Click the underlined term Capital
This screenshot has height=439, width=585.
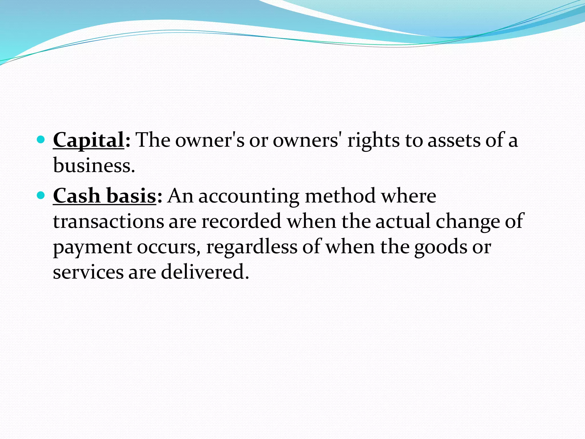[x=89, y=140]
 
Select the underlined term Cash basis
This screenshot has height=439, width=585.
[x=105, y=196]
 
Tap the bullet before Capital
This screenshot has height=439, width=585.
[x=41, y=139]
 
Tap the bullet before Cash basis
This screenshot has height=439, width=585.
[x=41, y=195]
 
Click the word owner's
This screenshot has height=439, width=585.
[x=210, y=140]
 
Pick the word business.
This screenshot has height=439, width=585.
[x=94, y=165]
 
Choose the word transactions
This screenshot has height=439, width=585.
[x=109, y=221]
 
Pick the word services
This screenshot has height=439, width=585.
[x=88, y=272]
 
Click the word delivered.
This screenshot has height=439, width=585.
[x=205, y=272]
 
